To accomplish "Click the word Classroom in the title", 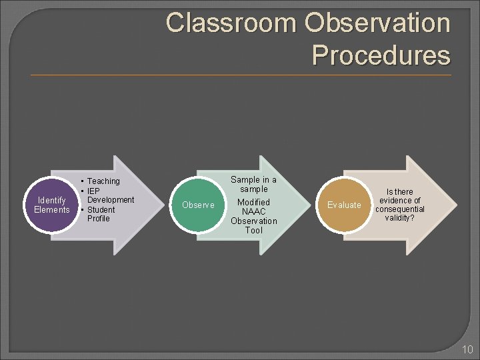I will click(231, 23).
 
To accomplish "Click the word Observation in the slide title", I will click(377, 23).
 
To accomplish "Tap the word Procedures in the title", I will click(381, 55).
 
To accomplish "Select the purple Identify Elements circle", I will click(52, 205).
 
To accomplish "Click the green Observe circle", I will click(198, 205).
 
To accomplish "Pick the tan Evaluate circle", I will click(344, 205).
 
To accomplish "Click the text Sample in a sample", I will click(253, 185).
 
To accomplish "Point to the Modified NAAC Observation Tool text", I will click(253, 216).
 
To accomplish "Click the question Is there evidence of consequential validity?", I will click(399, 205).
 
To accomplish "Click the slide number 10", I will click(466, 350).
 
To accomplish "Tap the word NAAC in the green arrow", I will click(253, 211).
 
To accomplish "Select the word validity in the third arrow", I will click(399, 218).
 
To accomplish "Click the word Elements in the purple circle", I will click(52, 210).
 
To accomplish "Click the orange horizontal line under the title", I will click(240, 75).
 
